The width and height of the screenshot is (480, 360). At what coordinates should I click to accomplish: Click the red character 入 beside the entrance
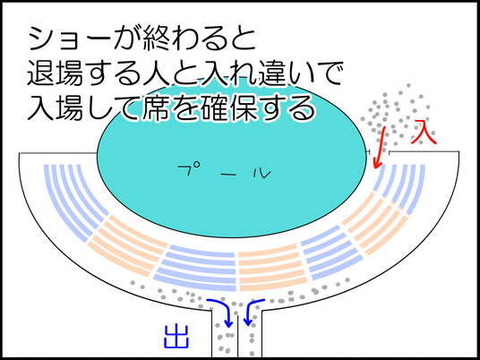point(424,133)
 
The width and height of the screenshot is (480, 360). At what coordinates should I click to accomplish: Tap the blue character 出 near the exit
point(176,336)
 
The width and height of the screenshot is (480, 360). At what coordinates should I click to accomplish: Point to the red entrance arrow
point(381,148)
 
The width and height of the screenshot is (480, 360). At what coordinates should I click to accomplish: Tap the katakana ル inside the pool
point(262,174)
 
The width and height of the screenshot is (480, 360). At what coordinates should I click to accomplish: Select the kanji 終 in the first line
point(155,39)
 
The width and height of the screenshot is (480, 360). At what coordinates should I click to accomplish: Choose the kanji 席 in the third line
point(155,107)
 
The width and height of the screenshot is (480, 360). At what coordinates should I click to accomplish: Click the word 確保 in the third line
point(225,107)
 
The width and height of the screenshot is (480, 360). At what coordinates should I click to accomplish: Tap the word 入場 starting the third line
point(56,107)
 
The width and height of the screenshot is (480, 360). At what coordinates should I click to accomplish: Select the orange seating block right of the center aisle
point(271,270)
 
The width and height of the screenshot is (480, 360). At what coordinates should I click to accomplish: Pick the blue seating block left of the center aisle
point(197,267)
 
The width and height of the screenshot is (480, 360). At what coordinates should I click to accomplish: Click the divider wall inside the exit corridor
point(237,337)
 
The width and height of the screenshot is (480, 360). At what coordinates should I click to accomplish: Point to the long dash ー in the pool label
point(226,175)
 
